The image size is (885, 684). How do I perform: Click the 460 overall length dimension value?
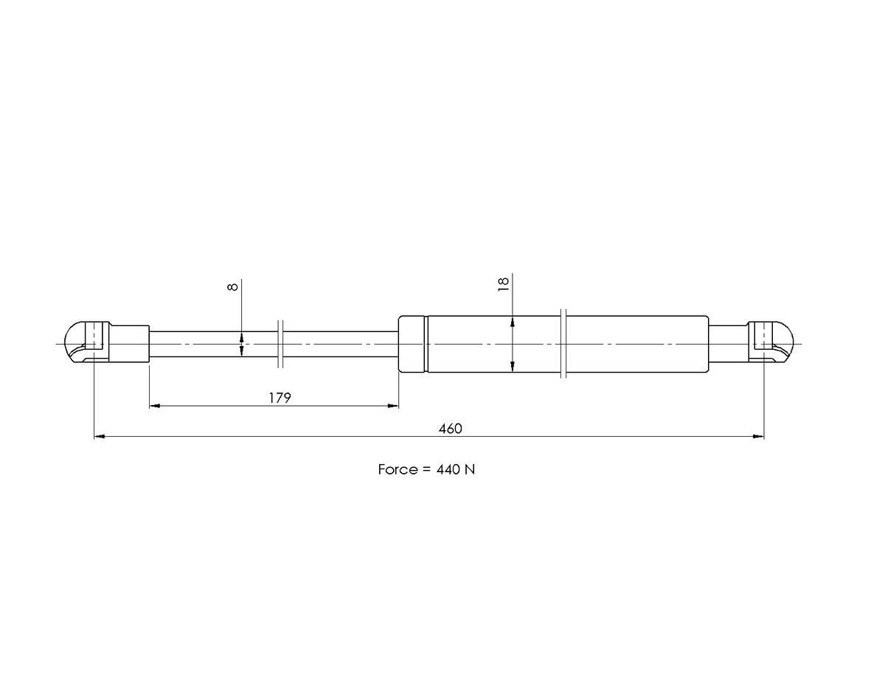(450, 429)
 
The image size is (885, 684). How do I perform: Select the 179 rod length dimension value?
(280, 398)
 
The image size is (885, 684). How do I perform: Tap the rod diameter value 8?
(232, 287)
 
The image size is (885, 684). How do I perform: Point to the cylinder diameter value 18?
(504, 284)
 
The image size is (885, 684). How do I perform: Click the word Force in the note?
(398, 470)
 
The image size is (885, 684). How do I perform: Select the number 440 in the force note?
(448, 470)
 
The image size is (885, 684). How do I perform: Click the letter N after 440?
(470, 470)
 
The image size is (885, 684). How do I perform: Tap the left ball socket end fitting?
(87, 342)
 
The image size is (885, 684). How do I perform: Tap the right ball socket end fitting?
(771, 342)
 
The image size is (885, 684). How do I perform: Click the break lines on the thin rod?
(280, 344)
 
